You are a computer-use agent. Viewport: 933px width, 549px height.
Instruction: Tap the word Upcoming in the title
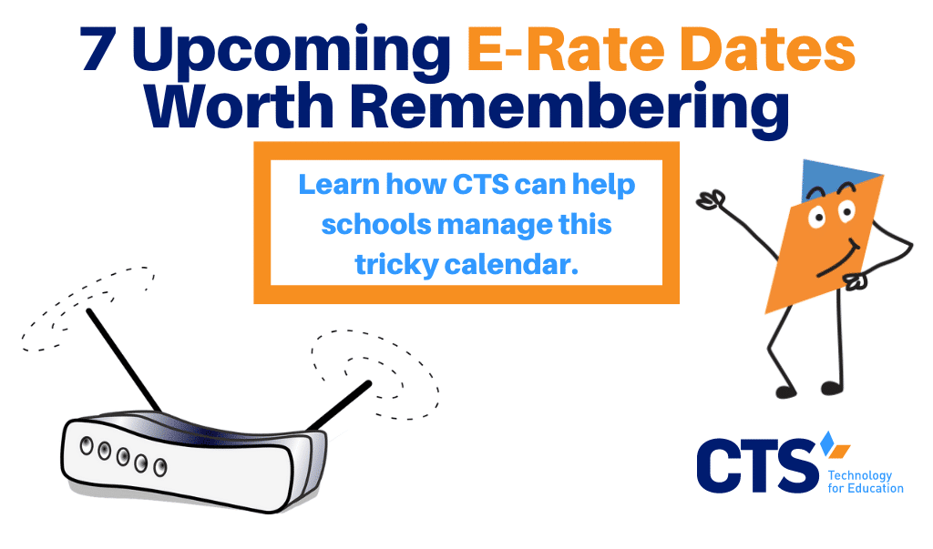click(292, 53)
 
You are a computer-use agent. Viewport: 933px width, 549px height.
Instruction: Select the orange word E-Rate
click(566, 49)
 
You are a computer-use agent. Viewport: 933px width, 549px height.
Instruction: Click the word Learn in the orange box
click(339, 185)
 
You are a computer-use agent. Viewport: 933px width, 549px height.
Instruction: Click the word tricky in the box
click(397, 266)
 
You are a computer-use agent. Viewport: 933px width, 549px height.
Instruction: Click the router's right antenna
click(340, 405)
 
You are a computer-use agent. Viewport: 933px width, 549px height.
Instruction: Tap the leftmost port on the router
click(87, 445)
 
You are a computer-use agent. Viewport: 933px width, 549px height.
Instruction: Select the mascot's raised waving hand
click(711, 200)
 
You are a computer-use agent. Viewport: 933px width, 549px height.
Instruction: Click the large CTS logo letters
click(757, 466)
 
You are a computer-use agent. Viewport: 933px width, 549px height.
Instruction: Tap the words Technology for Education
click(866, 482)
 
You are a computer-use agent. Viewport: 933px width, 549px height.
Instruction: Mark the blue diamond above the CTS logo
click(826, 443)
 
